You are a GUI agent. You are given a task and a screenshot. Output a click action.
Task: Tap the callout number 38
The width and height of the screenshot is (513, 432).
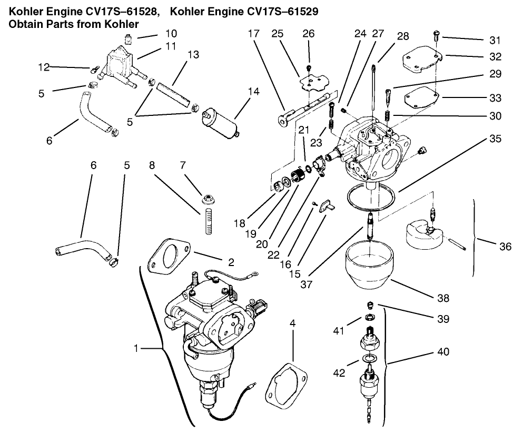click(443, 298)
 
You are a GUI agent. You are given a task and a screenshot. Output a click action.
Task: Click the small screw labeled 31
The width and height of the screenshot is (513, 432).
click(436, 35)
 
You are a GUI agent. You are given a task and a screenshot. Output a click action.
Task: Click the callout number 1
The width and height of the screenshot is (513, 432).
click(136, 348)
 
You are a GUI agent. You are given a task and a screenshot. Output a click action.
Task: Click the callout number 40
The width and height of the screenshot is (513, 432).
click(443, 351)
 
